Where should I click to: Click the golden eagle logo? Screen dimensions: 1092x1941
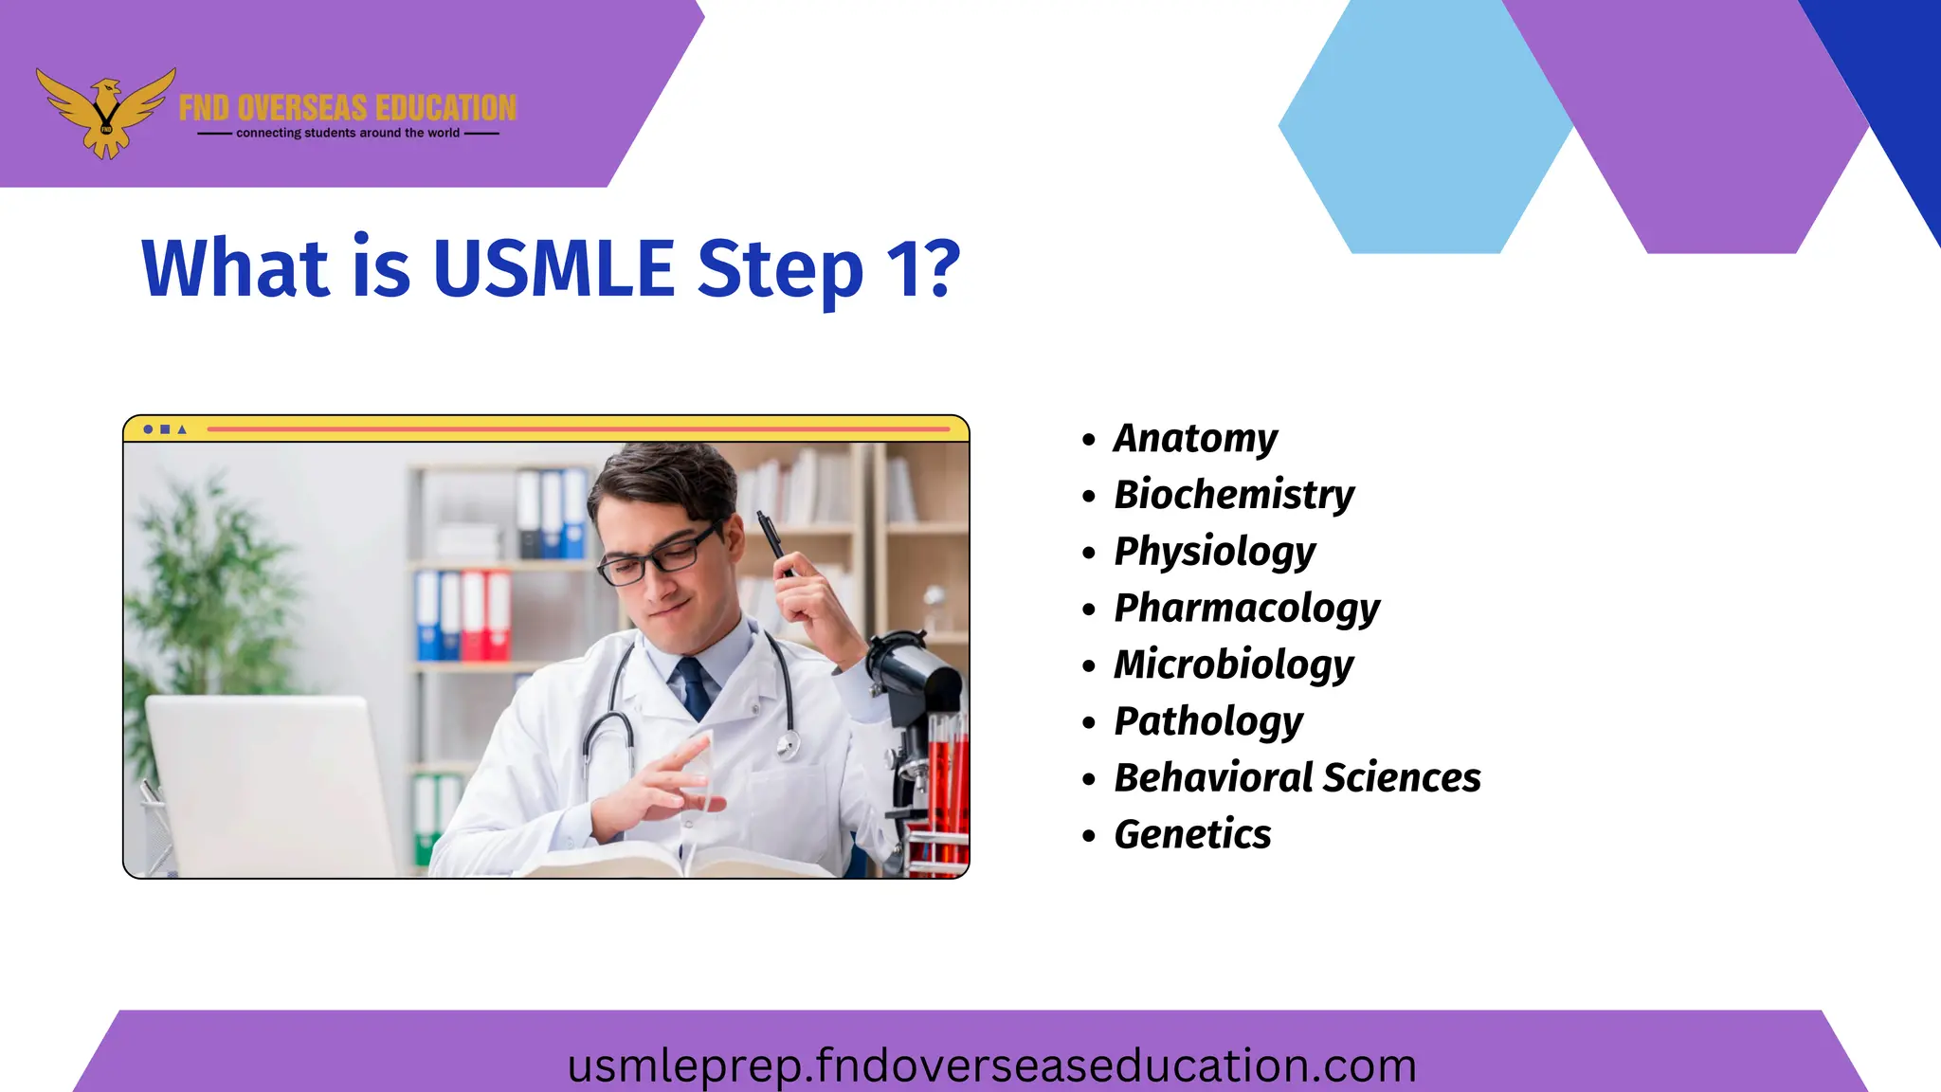click(106, 112)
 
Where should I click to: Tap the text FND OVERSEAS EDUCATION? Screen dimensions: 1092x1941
click(347, 108)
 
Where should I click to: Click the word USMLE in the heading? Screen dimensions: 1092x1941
click(553, 268)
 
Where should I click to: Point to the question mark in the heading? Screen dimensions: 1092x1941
click(940, 268)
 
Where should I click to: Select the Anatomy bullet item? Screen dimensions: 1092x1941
click(1194, 439)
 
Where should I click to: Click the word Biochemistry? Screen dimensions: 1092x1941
click(1233, 495)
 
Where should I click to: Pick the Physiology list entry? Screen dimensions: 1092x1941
click(1214, 552)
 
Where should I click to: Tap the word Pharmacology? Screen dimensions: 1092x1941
click(1246, 609)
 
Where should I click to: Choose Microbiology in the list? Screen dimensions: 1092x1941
click(1233, 664)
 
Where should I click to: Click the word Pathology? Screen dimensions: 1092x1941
click(1208, 721)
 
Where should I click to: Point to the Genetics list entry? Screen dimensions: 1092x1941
click(1192, 835)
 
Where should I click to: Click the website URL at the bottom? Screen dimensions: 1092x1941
click(991, 1065)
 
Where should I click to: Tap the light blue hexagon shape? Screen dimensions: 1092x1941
click(1422, 128)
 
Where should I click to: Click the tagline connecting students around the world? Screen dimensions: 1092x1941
click(347, 134)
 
